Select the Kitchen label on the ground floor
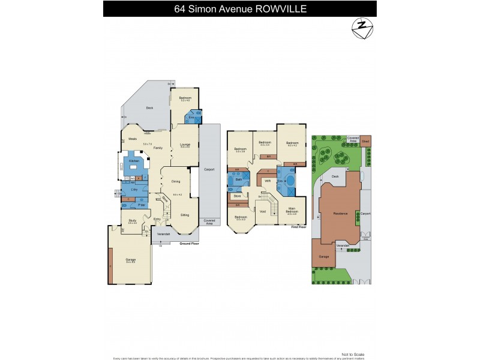click(x=133, y=161)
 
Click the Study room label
click(x=132, y=221)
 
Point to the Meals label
click(x=133, y=139)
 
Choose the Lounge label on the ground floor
click(x=185, y=145)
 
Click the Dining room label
click(x=176, y=181)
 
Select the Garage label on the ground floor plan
click(x=130, y=260)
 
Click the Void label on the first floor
click(x=263, y=211)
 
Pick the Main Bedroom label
click(x=291, y=211)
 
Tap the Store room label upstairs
click(x=238, y=196)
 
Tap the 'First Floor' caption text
click(x=298, y=227)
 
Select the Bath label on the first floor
click(x=238, y=179)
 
